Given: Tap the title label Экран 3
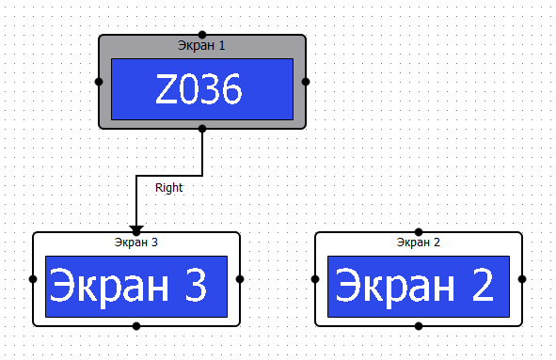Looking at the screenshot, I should tap(136, 243).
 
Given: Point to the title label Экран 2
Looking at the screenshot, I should tap(419, 243).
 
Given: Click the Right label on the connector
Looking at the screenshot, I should tap(169, 188).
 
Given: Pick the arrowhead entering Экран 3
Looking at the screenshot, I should tap(136, 228).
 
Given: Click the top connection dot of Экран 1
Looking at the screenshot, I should tap(202, 35).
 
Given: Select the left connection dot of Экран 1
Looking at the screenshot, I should tap(99, 82).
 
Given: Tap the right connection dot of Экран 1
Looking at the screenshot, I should tap(306, 82).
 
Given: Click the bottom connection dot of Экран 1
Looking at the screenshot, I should tap(202, 129).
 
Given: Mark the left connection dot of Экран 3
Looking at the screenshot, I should tap(33, 279).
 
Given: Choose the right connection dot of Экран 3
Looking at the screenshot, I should tap(240, 279).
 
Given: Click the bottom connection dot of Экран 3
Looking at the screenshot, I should tap(136, 326).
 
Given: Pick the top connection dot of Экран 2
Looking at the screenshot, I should tap(419, 232).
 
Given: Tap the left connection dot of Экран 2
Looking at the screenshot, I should tap(315, 279).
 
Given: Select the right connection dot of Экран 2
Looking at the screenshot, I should tap(522, 279).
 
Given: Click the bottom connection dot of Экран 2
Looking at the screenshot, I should tap(419, 326).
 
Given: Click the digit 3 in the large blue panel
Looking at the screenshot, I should tap(194, 286).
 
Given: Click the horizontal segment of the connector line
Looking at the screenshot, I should tap(169, 175).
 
